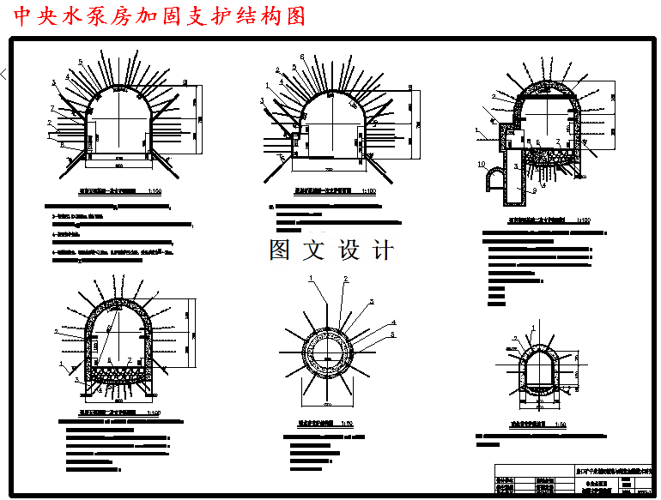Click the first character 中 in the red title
pos(24,17)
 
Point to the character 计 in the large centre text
pos(383,250)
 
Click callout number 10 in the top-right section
pos(482,163)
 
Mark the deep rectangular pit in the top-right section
pos(514,183)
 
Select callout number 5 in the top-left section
pos(80,63)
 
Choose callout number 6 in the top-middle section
pos(301,57)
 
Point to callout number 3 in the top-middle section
pos(262,100)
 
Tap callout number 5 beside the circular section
pos(393,334)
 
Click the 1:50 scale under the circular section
pos(348,424)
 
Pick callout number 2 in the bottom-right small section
pos(515,338)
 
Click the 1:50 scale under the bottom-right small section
pos(560,425)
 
